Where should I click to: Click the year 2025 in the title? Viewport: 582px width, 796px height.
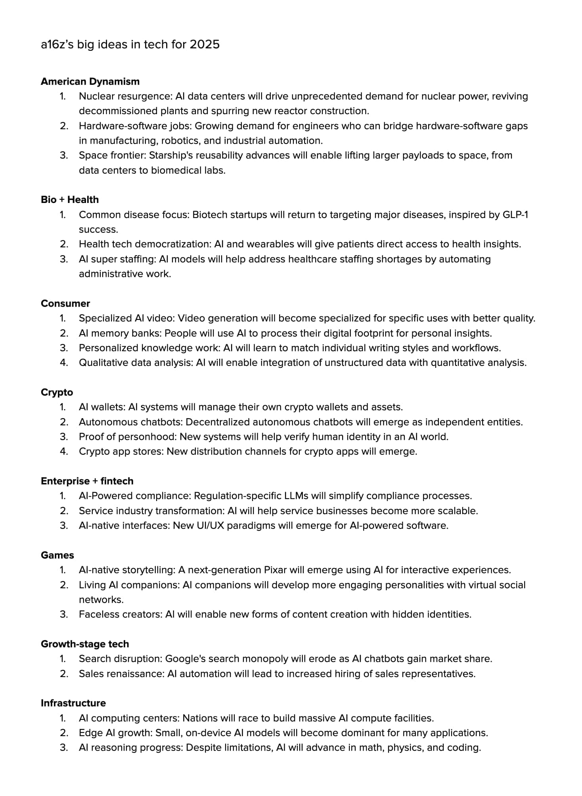(204, 44)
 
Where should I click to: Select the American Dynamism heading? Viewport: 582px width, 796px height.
(90, 81)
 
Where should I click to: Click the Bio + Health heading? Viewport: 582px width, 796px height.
(69, 199)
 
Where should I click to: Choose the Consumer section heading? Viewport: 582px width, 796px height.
(65, 303)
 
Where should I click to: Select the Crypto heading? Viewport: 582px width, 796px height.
(57, 392)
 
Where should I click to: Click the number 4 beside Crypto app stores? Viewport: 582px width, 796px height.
(63, 451)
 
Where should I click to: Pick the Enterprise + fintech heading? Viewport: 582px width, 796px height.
(87, 481)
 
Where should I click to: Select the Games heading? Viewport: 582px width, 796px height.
(57, 555)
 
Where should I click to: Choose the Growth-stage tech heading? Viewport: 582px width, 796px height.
(84, 644)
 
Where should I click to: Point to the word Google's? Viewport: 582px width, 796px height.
(185, 658)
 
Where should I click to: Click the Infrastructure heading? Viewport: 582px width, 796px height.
(73, 703)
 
